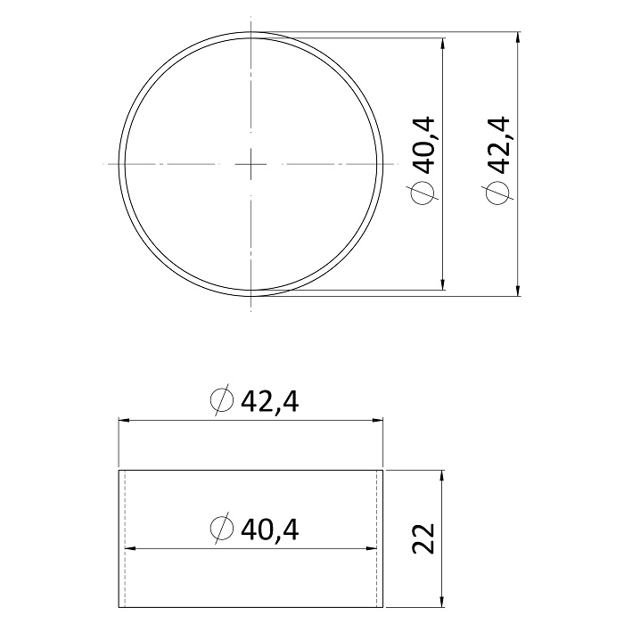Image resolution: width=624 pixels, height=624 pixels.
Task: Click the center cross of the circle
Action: tap(250, 164)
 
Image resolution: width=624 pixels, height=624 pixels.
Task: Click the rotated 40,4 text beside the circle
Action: tap(425, 145)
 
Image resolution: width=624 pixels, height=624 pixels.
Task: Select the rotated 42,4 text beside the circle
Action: tap(498, 145)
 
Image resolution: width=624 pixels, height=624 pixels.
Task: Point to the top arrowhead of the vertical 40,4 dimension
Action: tap(442, 44)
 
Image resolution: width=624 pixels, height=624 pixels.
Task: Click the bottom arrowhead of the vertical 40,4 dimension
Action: tap(442, 284)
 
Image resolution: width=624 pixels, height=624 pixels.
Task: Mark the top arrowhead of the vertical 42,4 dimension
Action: tap(517, 37)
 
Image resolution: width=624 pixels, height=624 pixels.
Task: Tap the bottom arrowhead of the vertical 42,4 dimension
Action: tap(517, 290)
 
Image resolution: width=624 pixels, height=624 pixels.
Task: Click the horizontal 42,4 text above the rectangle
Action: tap(270, 401)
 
